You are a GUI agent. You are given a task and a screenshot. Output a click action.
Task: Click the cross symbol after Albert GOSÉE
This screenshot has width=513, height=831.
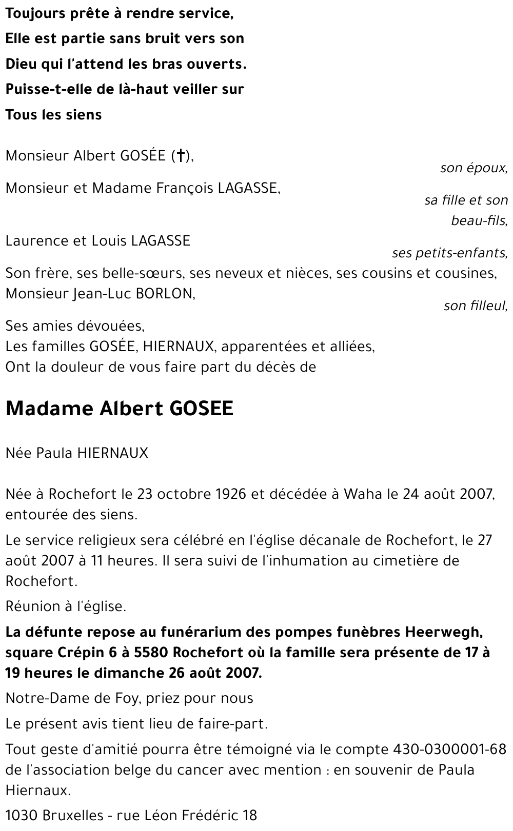[180, 156]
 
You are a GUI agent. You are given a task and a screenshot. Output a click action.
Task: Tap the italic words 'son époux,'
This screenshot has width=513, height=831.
[473, 168]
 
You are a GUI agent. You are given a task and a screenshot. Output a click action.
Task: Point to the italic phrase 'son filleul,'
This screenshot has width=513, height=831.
[476, 306]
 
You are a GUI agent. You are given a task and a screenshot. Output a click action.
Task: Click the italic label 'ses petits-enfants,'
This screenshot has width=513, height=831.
[450, 253]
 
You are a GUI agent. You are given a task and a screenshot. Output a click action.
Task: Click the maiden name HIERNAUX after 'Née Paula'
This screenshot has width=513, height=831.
[112, 453]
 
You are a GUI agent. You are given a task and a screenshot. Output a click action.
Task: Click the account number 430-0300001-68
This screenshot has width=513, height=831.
[450, 749]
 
